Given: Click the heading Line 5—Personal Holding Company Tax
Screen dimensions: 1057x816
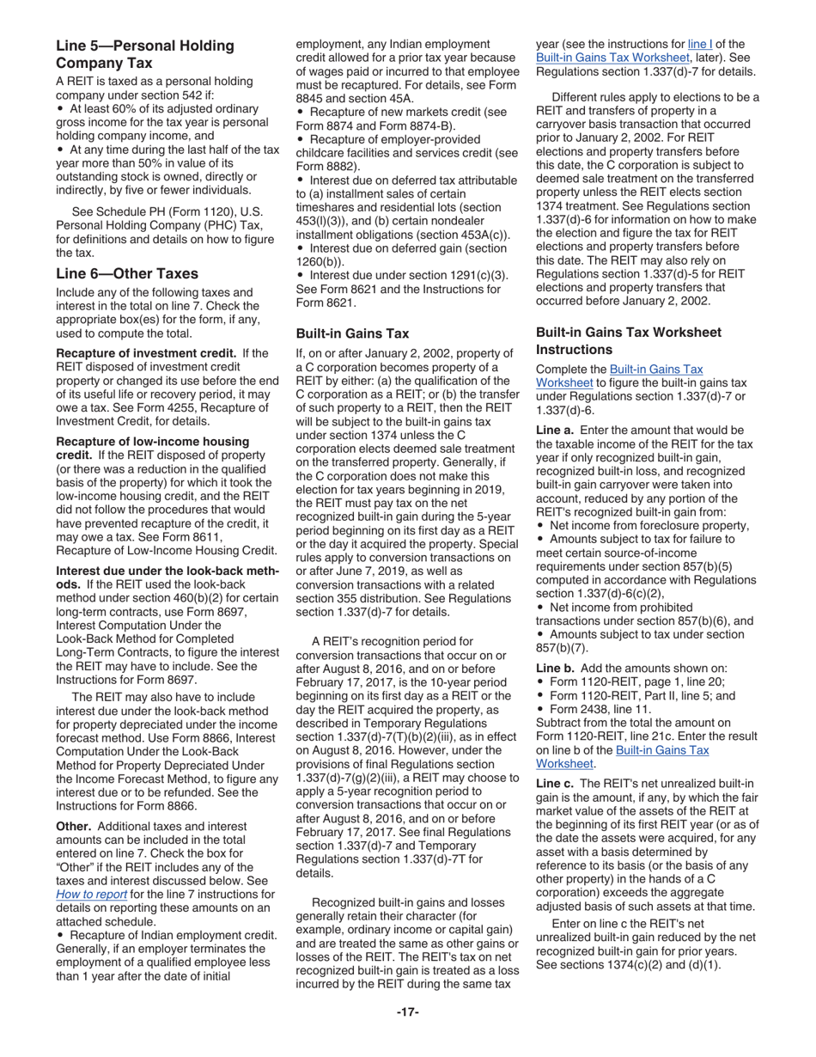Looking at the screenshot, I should tap(144, 54).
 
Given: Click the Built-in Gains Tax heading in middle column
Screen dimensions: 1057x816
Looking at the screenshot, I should tap(352, 333).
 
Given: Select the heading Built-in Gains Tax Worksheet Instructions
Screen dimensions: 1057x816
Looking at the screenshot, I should tap(629, 341).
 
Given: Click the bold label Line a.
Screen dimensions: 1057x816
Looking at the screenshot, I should tap(556, 430).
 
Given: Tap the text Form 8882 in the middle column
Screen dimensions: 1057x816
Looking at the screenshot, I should tap(320, 166).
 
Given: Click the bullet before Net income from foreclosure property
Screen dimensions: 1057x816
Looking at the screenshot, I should tap(540, 526).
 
